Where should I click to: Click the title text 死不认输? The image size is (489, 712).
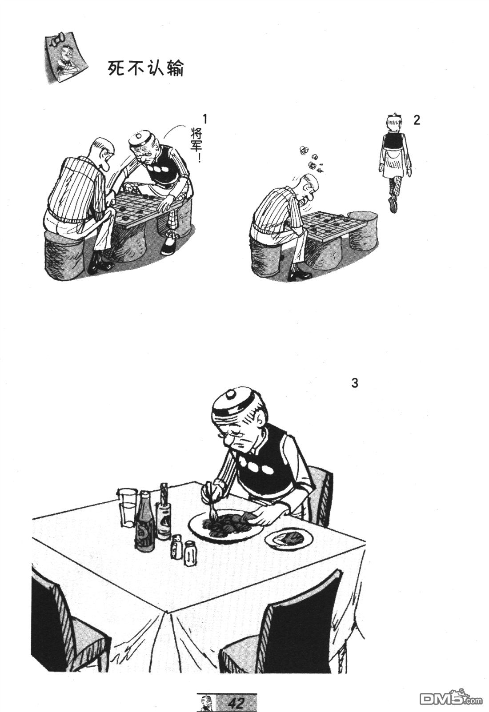click(x=146, y=68)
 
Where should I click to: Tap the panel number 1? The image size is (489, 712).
click(x=205, y=119)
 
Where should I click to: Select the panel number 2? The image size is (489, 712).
click(x=416, y=120)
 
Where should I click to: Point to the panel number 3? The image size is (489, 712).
click(x=355, y=383)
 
